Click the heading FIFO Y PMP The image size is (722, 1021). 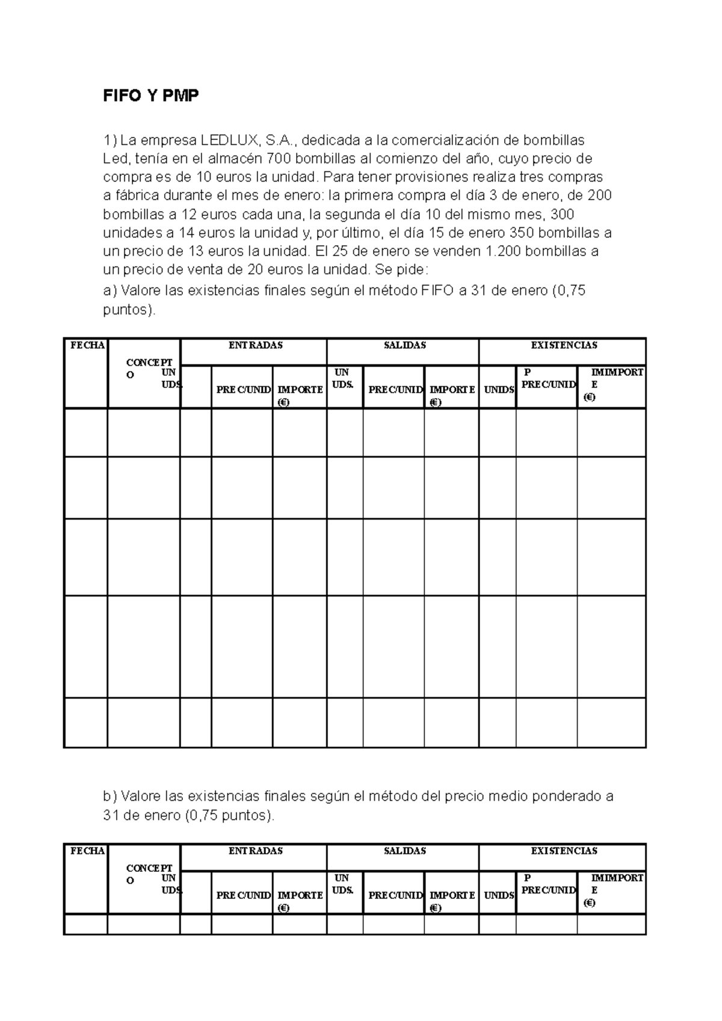point(150,96)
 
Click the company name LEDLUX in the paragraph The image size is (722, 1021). point(228,141)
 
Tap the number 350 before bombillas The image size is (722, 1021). point(522,233)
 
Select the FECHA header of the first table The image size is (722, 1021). point(87,345)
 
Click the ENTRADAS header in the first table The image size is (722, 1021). point(255,345)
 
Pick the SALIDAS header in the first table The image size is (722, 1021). point(404,345)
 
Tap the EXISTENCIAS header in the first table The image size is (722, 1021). point(563,345)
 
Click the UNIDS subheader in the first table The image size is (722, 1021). point(499,390)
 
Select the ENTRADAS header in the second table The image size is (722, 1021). point(255,851)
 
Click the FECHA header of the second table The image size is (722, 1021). point(87,851)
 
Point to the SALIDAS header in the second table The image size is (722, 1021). point(404,851)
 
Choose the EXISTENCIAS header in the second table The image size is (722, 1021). point(563,851)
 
